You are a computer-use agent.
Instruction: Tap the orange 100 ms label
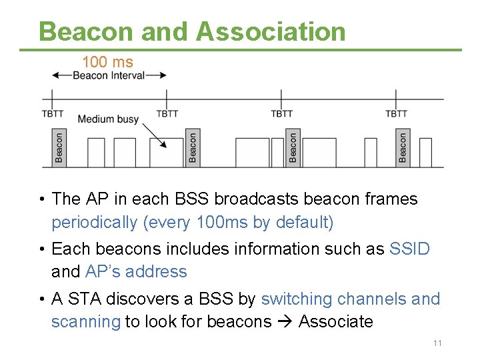(107, 62)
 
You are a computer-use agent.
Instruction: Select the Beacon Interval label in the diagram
(108, 75)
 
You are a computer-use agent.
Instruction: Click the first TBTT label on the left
(53, 114)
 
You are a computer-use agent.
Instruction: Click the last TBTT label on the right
(396, 114)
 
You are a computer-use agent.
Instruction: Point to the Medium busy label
(108, 119)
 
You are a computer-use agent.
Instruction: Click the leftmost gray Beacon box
(59, 148)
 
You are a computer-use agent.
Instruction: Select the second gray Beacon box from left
(192, 148)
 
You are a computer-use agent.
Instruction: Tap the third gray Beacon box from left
(293, 148)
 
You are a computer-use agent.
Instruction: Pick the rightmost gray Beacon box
(402, 148)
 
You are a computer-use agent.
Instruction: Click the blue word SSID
(409, 249)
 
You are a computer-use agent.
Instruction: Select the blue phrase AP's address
(136, 271)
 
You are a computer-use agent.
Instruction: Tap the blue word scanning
(85, 321)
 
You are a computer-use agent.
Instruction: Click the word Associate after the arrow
(335, 321)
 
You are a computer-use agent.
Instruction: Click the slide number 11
(437, 343)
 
